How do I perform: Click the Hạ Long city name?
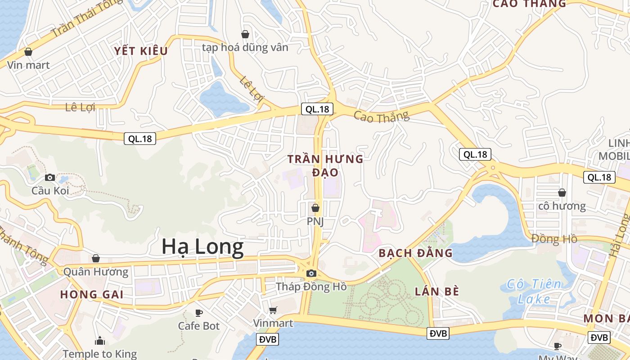point(202,247)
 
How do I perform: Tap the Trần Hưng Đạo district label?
point(325,165)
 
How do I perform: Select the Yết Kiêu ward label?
point(141,51)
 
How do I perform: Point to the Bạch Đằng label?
point(415,253)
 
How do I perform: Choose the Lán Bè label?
point(436,292)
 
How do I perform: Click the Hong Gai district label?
point(92,295)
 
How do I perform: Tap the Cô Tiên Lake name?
point(534,291)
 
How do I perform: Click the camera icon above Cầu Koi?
point(50,177)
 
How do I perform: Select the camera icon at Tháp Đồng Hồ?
point(311,273)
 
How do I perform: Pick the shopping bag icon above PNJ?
point(315,208)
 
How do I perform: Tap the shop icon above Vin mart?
point(28,52)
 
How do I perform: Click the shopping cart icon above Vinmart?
point(273,310)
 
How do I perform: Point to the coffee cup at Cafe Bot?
point(199,312)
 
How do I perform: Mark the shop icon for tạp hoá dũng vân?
point(245,34)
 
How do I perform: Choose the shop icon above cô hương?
point(562,193)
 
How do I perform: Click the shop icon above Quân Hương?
point(96,258)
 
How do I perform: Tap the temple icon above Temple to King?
point(100,341)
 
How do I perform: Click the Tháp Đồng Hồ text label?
point(311,287)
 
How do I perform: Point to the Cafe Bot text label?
point(199,326)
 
